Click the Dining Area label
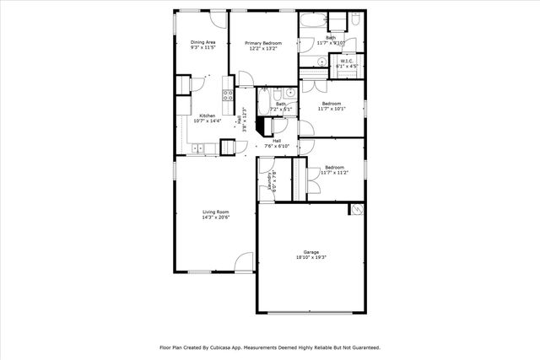pyautogui.click(x=202, y=42)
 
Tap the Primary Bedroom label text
pyautogui.click(x=263, y=42)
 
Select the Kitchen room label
pyautogui.click(x=207, y=116)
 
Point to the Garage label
pyautogui.click(x=312, y=252)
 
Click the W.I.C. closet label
pyautogui.click(x=346, y=61)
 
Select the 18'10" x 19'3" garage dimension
pyautogui.click(x=312, y=258)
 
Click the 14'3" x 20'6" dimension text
pyautogui.click(x=216, y=218)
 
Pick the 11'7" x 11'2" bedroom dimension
pyautogui.click(x=334, y=172)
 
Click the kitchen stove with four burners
pyautogui.click(x=227, y=94)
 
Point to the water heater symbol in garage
pyautogui.click(x=357, y=209)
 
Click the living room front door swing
pyautogui.click(x=244, y=262)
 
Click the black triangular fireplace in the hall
pyautogui.click(x=264, y=126)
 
